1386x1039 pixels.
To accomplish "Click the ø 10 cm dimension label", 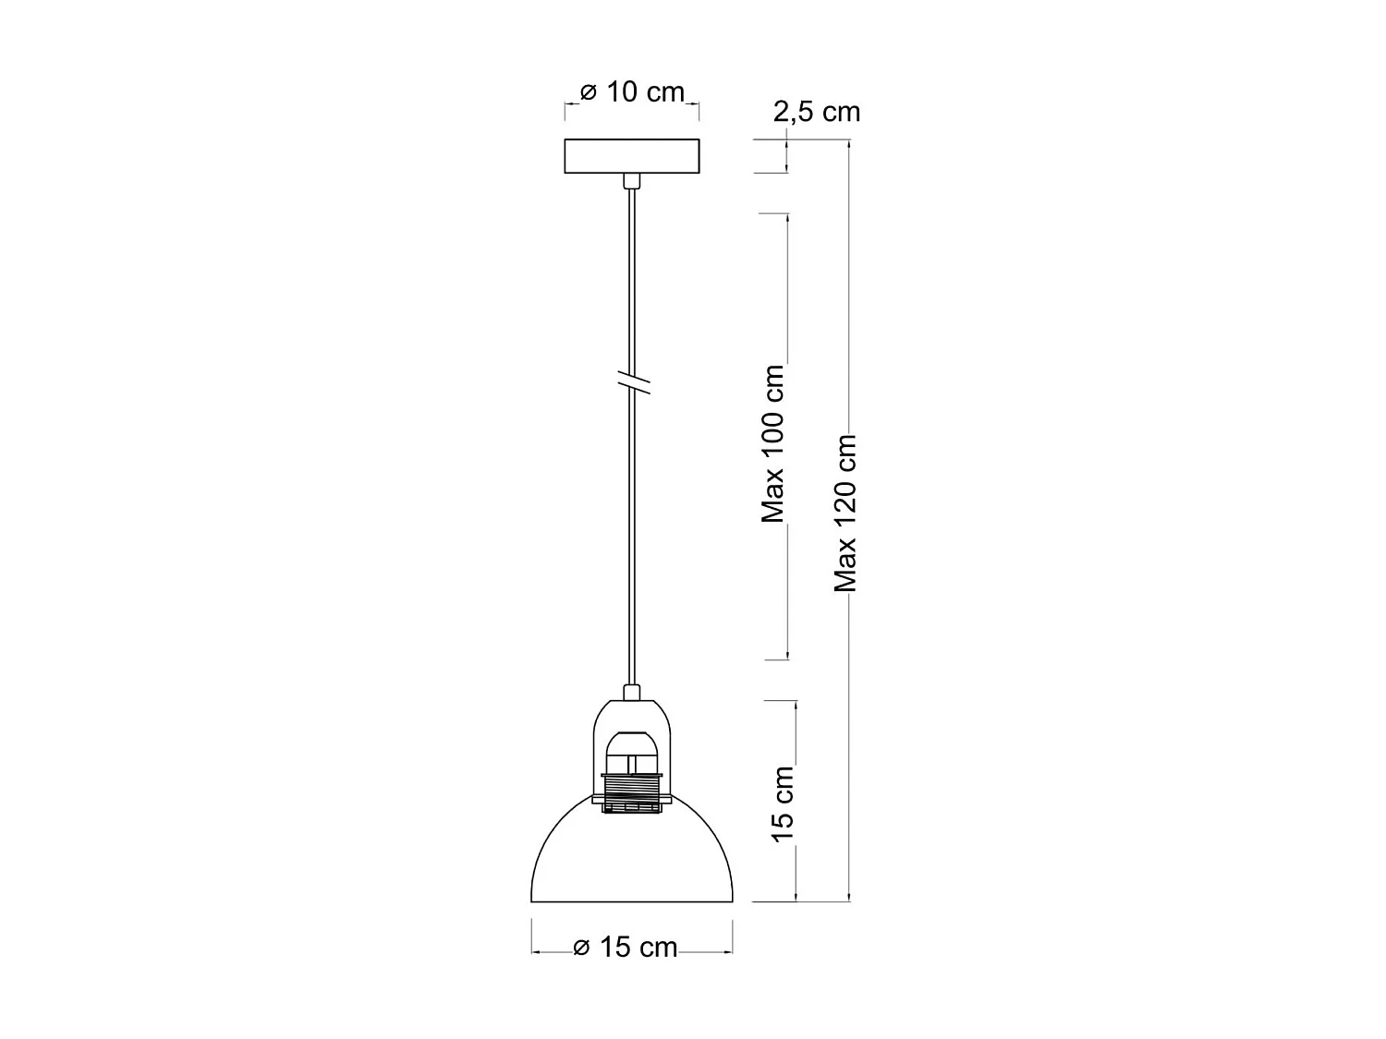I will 633,92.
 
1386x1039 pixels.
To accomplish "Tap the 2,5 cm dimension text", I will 817,112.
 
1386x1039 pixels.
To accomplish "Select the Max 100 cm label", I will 773,444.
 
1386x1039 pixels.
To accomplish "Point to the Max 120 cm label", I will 845,513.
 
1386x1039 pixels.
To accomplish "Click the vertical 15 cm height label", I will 783,803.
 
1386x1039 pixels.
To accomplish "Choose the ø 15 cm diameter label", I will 626,948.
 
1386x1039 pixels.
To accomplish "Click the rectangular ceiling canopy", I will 632,156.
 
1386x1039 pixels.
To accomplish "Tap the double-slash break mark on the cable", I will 633,381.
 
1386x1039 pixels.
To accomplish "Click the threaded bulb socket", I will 632,792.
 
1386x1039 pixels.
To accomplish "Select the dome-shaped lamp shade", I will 632,859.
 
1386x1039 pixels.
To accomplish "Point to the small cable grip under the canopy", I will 632,180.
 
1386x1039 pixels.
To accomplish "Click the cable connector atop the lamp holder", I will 632,692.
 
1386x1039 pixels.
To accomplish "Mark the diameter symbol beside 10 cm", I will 589,93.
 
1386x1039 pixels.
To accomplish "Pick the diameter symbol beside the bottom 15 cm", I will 581,948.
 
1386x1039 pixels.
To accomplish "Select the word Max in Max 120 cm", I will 845,567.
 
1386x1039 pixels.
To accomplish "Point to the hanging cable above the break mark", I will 632,277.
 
